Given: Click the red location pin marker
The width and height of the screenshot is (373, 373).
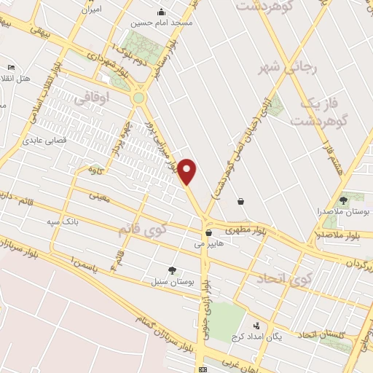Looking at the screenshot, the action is click(187, 170).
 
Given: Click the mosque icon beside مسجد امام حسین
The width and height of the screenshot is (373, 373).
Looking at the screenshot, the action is click(162, 12).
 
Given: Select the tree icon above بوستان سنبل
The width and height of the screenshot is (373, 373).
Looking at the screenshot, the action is click(172, 270).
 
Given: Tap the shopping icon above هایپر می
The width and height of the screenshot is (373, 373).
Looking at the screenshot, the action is click(209, 234).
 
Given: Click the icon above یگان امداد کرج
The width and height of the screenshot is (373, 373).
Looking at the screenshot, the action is click(256, 326).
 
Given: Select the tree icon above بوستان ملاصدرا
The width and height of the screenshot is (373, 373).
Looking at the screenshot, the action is click(344, 200).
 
